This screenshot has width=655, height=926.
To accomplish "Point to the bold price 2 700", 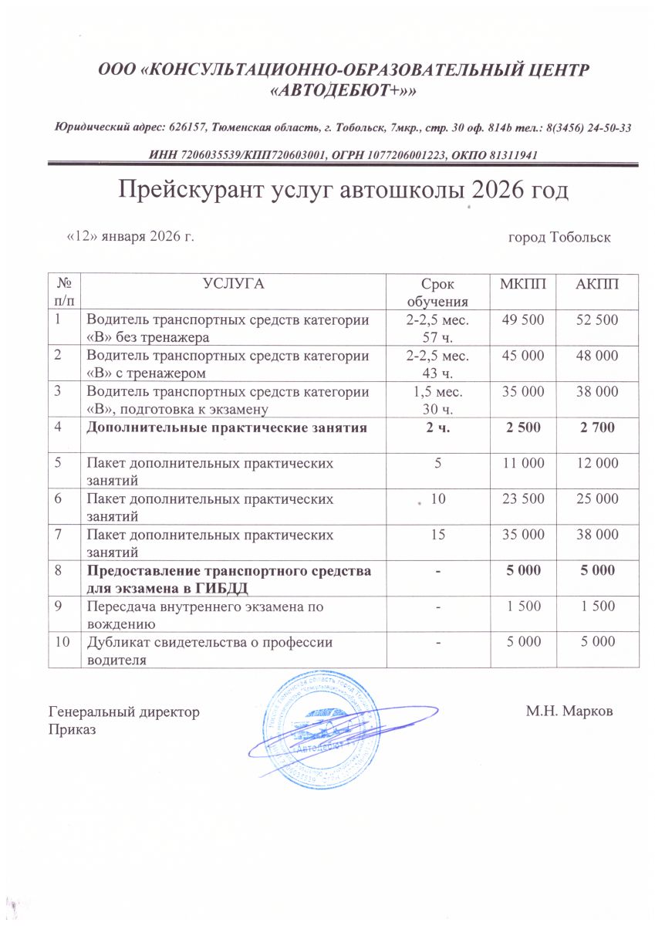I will (x=598, y=427).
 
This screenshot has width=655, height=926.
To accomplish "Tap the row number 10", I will (x=62, y=641).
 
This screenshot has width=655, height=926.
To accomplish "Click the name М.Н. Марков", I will (x=570, y=711).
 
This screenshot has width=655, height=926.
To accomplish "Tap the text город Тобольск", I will (x=559, y=237).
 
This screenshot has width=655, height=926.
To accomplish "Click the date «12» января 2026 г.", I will (x=130, y=236).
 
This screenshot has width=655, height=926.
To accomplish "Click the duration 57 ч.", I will (x=437, y=337).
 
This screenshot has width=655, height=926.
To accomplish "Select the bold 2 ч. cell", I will (x=437, y=427).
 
